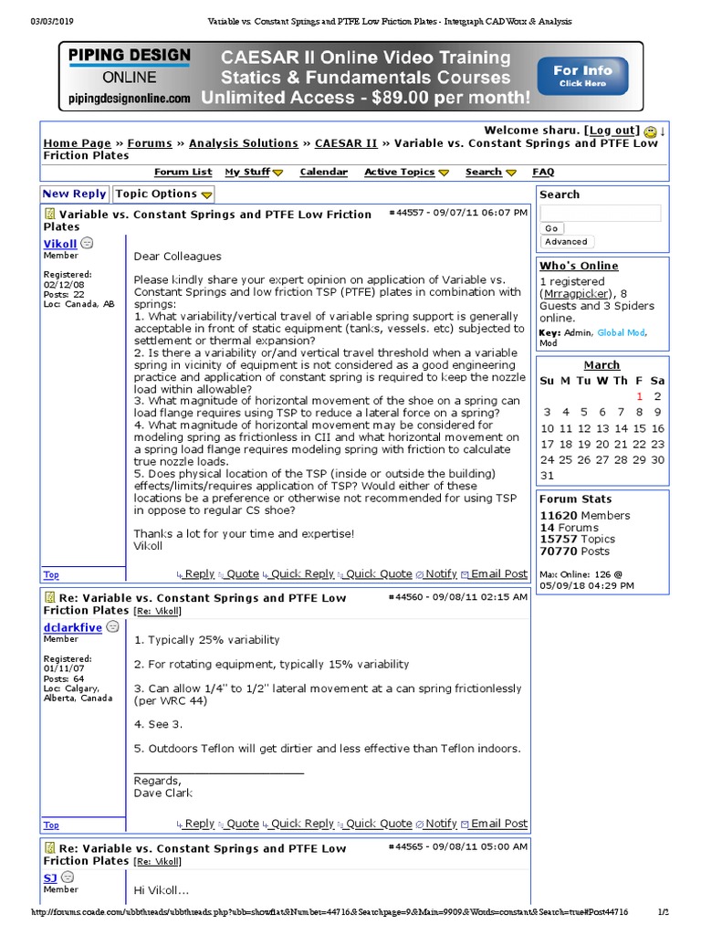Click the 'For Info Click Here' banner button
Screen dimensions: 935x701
coord(583,76)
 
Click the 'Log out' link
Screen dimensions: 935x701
coord(612,131)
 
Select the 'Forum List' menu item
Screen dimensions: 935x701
coord(183,172)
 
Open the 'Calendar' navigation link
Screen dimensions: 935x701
coord(323,172)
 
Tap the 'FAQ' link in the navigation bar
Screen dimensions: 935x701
coord(543,172)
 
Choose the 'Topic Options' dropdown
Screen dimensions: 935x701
coord(162,194)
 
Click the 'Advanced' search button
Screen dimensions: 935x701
coord(566,242)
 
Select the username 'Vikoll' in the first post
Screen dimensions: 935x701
coord(60,244)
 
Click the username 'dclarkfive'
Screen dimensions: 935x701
coord(72,627)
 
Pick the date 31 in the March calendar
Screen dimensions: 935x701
coord(547,476)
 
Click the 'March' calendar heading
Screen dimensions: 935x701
coord(602,364)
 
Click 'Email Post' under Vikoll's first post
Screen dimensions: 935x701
coord(498,573)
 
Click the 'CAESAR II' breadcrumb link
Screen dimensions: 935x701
coord(346,143)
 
